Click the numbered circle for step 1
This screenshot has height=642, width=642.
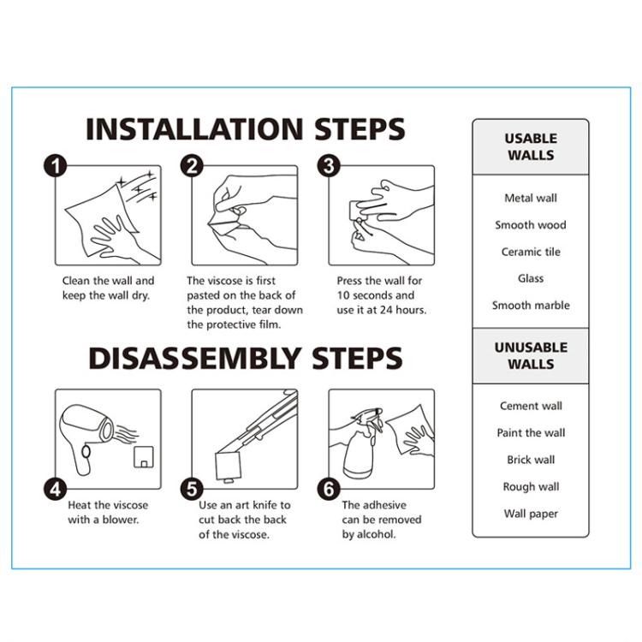(56, 166)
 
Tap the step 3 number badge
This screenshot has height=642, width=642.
(329, 166)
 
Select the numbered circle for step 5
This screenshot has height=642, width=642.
(192, 489)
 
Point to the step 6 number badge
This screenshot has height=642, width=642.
(329, 489)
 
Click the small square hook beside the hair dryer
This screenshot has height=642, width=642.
(144, 457)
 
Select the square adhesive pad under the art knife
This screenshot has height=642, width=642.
(229, 466)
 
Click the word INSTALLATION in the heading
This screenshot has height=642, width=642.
(194, 129)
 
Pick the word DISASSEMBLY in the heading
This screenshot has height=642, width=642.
(195, 358)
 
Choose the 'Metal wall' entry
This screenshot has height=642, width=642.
(531, 199)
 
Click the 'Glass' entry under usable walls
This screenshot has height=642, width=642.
(531, 278)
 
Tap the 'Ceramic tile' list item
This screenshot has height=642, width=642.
(531, 252)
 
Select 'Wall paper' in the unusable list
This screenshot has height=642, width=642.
(531, 514)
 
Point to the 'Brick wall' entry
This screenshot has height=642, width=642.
(531, 460)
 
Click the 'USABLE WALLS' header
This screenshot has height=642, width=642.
(531, 146)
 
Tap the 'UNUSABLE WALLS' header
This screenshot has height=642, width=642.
(531, 355)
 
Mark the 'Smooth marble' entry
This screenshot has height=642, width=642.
(531, 306)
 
